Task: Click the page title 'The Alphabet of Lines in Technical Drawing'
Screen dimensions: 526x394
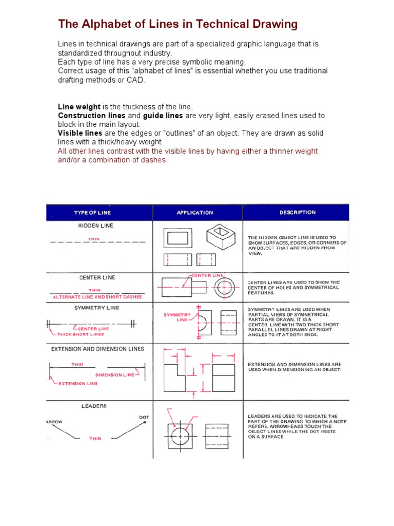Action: pos(178,24)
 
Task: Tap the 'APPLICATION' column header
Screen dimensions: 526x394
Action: pos(195,213)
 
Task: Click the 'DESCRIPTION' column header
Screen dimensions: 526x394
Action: pos(298,212)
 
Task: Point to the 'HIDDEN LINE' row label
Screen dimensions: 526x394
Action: pos(96,226)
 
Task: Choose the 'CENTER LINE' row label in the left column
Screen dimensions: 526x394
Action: pos(97,277)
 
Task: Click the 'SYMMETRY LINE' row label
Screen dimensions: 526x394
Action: pos(96,308)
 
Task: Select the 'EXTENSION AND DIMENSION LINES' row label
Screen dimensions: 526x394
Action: pos(97,349)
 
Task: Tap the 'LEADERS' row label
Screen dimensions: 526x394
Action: pos(94,406)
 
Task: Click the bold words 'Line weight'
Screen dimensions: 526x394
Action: pos(80,106)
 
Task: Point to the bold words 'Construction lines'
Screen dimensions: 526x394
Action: pos(91,116)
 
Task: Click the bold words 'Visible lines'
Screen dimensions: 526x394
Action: pos(80,133)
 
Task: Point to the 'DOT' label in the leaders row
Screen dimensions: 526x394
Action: pos(144,417)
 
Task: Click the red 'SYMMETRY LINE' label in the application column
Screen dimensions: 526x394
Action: pos(177,317)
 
